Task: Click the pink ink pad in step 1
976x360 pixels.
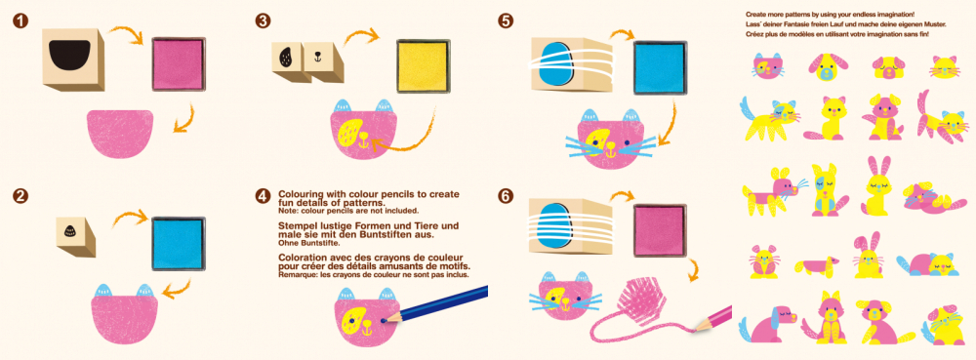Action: pyautogui.click(x=180, y=63)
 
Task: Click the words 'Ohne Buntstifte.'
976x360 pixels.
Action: pyautogui.click(x=305, y=243)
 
